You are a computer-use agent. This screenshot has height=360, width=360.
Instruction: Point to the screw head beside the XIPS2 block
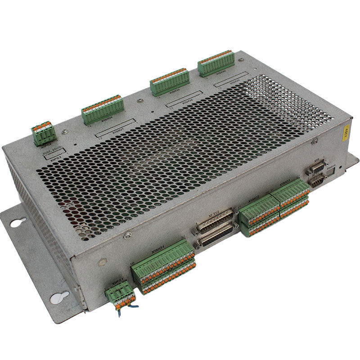tap(65, 131)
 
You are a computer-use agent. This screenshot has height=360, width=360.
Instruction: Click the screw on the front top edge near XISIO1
tap(128, 235)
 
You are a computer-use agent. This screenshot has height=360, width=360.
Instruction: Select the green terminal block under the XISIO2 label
tap(259, 214)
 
